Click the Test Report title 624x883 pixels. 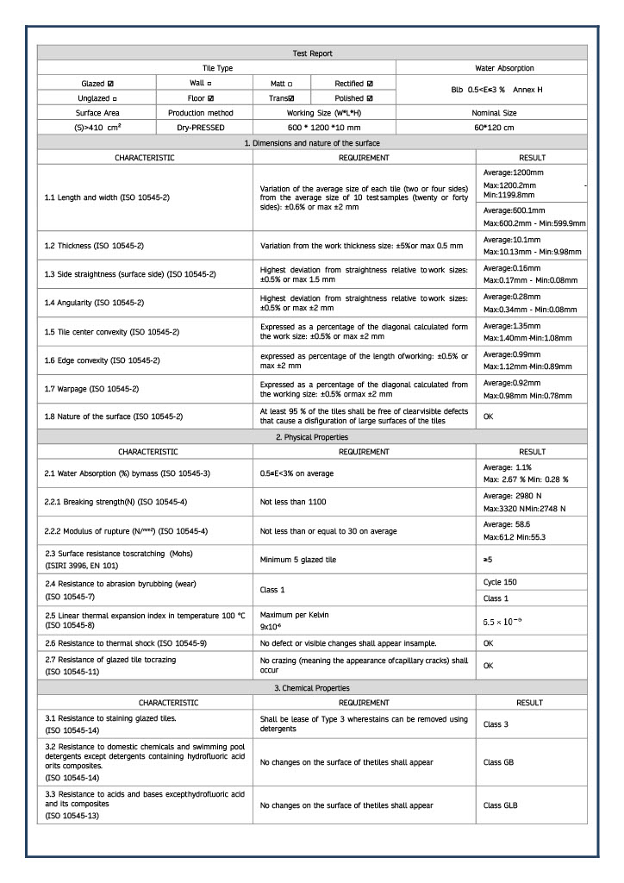point(312,53)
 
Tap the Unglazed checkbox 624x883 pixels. point(114,98)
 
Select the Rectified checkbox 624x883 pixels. point(370,84)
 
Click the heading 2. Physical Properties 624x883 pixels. point(312,437)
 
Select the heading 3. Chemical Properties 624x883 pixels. point(312,687)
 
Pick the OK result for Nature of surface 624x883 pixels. point(489,416)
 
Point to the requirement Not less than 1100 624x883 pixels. point(293,501)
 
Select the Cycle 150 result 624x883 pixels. point(501,582)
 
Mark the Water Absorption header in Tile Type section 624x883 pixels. point(492,67)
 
